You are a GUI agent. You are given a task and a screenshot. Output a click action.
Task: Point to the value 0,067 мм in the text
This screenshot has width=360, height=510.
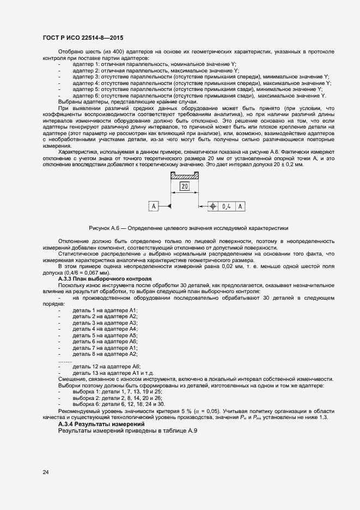(x=115, y=272)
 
